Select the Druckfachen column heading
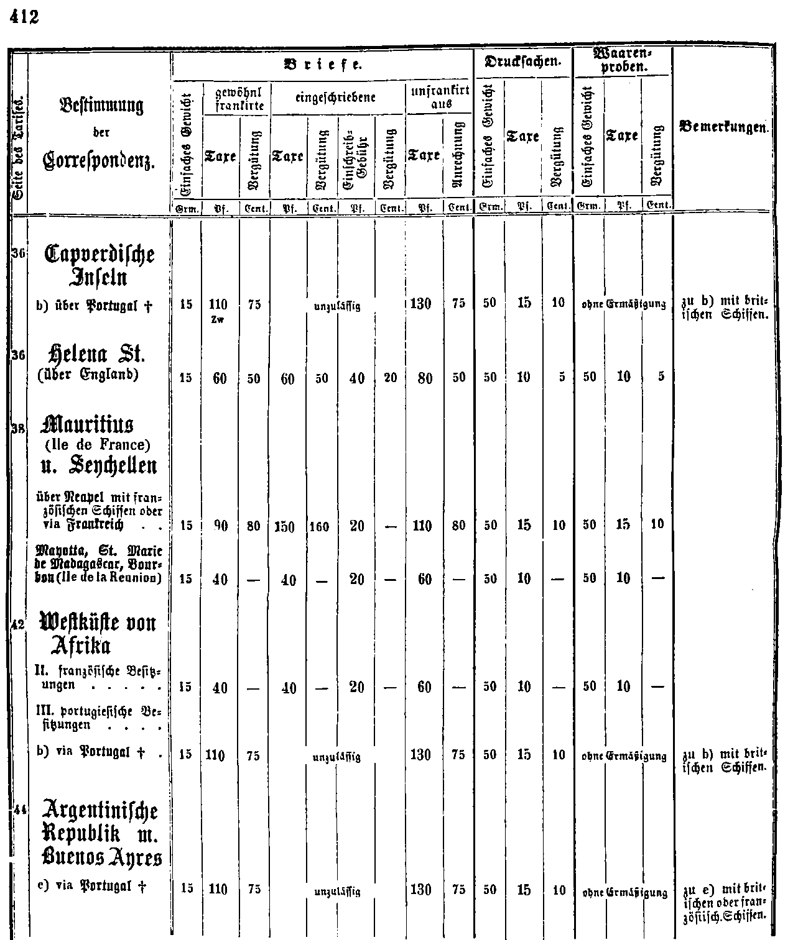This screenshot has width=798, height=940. [x=522, y=63]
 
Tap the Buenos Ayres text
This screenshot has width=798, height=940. [x=103, y=858]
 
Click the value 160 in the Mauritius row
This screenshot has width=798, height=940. [x=322, y=526]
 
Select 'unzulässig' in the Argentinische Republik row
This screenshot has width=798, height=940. [x=336, y=892]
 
